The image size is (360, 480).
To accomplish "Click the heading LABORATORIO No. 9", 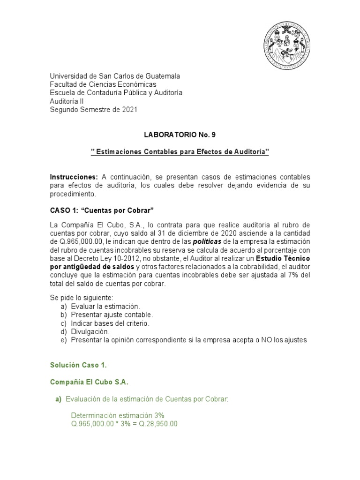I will (x=180, y=135).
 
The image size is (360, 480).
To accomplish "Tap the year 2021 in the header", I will (x=130, y=110).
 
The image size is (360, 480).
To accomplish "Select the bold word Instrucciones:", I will (x=74, y=177).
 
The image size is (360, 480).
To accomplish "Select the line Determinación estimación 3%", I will (x=117, y=415).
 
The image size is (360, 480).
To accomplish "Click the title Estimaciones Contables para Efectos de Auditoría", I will (x=180, y=152).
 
